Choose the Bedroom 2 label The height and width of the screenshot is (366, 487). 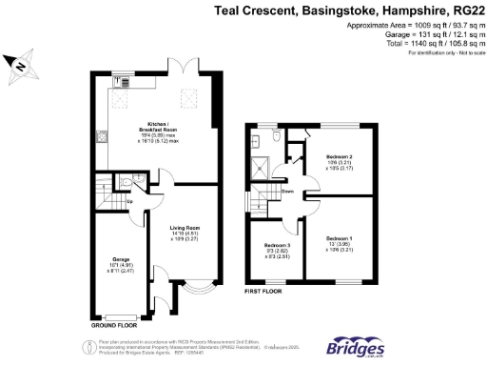coord(339,162)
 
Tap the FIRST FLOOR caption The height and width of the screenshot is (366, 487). coord(266,291)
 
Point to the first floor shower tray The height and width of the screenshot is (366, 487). coord(260,168)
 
